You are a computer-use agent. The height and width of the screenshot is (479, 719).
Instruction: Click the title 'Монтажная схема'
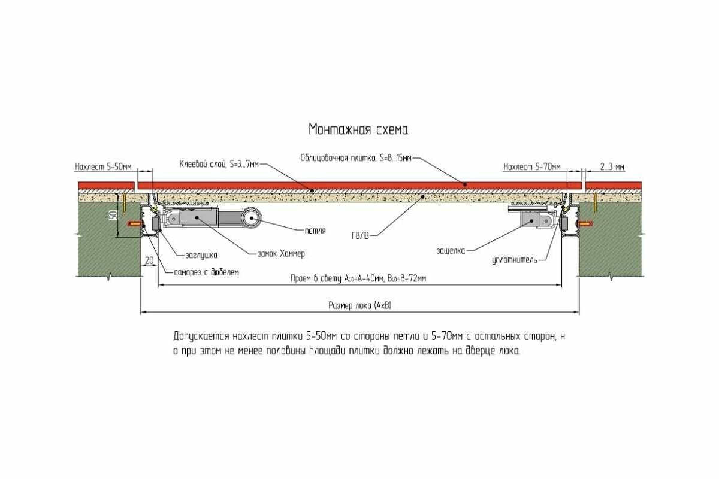(358, 129)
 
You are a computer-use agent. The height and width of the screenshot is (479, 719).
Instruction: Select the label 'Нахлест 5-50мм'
(103, 166)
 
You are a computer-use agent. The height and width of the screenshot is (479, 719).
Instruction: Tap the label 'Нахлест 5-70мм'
(532, 166)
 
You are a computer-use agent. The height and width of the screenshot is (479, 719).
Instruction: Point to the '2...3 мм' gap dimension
(611, 166)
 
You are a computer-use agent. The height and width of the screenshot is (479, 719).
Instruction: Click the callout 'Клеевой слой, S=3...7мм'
(219, 163)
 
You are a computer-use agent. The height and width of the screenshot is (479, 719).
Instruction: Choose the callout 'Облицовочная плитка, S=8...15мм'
(356, 158)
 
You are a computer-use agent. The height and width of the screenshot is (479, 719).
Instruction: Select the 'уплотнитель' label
(518, 260)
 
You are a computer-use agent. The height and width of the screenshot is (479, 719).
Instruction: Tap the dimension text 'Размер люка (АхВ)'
(359, 305)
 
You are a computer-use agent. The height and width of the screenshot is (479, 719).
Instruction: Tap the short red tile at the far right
(613, 184)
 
